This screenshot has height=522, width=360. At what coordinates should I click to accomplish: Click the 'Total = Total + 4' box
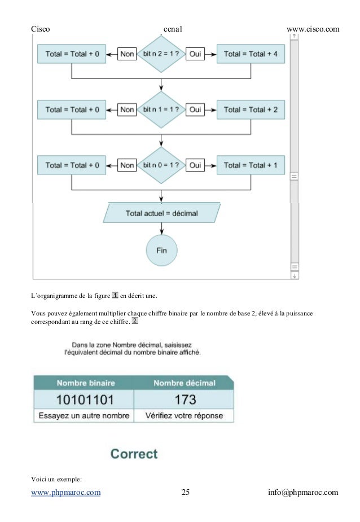click(251, 54)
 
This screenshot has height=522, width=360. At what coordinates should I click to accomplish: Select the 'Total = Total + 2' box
click(251, 109)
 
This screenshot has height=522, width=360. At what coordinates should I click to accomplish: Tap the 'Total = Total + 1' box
click(251, 165)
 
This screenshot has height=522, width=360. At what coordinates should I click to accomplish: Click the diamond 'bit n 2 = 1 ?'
click(161, 54)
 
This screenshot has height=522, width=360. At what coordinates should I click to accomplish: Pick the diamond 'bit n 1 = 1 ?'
click(161, 109)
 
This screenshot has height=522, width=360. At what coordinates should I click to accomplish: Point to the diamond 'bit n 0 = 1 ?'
click(161, 165)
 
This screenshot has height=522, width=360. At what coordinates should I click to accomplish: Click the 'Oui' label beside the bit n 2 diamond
click(195, 54)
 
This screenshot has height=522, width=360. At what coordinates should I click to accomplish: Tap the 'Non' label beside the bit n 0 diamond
click(128, 165)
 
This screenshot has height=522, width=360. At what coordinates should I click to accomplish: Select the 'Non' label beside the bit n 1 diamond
click(128, 109)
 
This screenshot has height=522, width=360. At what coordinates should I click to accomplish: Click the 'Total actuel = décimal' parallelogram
click(162, 214)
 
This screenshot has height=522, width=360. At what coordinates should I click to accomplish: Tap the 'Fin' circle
click(161, 250)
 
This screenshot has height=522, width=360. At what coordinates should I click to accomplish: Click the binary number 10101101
click(85, 400)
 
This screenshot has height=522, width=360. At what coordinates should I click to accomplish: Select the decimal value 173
click(185, 400)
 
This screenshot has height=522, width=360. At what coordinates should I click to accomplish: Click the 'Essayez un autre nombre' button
click(84, 416)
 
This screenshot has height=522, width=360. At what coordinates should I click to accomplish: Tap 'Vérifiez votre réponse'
click(184, 416)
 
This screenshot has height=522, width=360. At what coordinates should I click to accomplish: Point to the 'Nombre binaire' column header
click(84, 383)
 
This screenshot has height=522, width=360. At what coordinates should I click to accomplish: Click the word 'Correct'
click(134, 454)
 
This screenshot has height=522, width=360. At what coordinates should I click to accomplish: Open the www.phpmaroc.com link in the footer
click(66, 493)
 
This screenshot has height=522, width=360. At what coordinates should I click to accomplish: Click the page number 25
click(186, 493)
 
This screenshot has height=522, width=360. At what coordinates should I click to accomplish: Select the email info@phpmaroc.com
click(303, 493)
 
